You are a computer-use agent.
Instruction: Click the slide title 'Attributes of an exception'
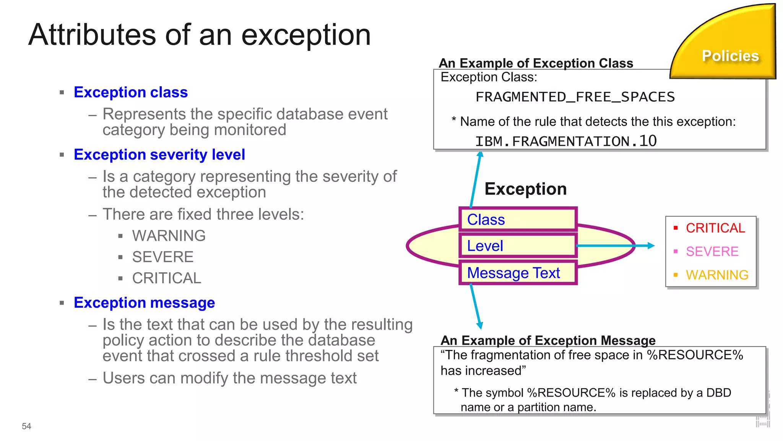[x=199, y=35]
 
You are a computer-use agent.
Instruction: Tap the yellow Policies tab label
[x=730, y=56]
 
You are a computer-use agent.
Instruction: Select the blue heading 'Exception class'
[x=131, y=92]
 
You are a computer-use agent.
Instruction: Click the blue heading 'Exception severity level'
[x=159, y=155]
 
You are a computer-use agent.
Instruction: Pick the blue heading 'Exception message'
[x=144, y=303]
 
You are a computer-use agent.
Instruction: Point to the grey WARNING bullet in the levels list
[x=169, y=236]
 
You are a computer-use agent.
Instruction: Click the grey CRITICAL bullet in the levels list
[x=166, y=278]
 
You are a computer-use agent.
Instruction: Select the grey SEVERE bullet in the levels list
[x=162, y=257]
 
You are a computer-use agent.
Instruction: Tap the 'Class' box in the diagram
[x=518, y=220]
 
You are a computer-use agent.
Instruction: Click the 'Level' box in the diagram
[x=518, y=246]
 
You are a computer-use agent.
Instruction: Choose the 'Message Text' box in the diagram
[x=518, y=273]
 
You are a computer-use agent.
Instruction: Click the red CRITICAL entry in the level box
[x=715, y=228]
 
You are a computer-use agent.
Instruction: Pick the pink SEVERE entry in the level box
[x=712, y=252]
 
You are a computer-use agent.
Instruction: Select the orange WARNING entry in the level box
[x=717, y=275]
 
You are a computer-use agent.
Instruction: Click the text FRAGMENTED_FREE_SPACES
[x=575, y=97]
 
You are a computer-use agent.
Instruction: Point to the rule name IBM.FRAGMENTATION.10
[x=566, y=141]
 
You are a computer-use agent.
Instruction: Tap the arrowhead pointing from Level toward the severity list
[x=651, y=246]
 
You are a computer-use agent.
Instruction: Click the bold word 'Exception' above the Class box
[x=525, y=189]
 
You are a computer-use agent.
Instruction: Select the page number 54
[x=26, y=426]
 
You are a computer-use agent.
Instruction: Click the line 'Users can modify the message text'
[x=229, y=378]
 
